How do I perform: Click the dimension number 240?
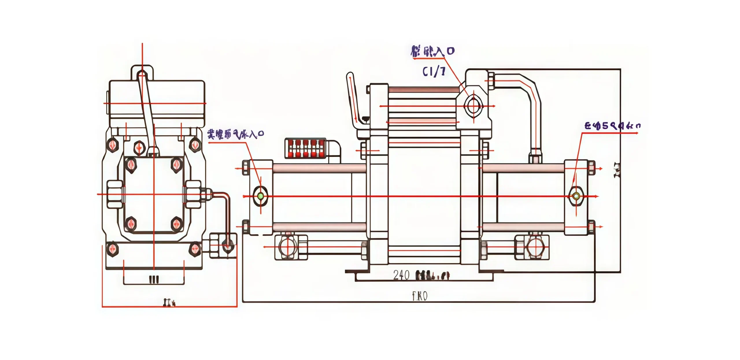point(401,275)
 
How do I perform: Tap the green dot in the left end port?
point(260,196)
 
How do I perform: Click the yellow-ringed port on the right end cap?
point(576,196)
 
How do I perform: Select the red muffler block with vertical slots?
point(305,148)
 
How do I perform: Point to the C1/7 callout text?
point(434,71)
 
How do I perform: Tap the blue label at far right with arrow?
point(612,126)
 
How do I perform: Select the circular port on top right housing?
point(473,106)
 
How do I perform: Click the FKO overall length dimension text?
point(420,296)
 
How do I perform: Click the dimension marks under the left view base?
point(154,279)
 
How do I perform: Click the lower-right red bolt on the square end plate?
point(176,224)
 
